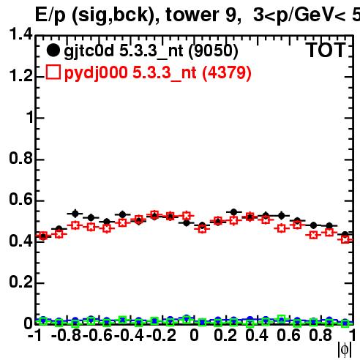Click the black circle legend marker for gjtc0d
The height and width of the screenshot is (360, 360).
(53, 50)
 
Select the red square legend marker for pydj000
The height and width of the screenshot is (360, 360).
(53, 72)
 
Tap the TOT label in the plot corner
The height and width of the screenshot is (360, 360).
(326, 50)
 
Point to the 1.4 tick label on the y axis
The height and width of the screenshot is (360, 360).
(20, 34)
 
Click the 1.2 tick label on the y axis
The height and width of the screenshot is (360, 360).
(20, 76)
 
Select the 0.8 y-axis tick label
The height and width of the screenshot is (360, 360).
(20, 158)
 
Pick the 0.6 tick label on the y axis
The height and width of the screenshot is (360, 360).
(20, 200)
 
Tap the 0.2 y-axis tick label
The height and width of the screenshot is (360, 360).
(20, 282)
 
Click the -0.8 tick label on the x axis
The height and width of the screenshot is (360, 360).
(67, 335)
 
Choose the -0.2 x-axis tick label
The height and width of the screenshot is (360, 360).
(161, 335)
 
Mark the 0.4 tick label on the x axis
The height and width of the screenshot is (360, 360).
(257, 335)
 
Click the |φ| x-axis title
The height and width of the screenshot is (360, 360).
(345, 350)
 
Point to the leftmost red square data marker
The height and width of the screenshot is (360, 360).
(43, 236)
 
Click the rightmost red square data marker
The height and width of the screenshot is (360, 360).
(345, 239)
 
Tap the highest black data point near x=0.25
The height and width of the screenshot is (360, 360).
(233, 212)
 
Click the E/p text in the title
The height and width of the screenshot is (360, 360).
(50, 15)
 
